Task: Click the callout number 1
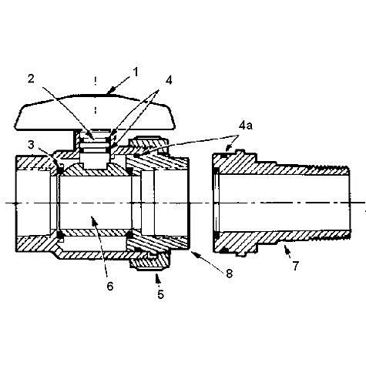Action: point(135,72)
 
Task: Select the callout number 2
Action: point(31,79)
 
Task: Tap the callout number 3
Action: point(31,145)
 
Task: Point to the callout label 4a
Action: point(246,126)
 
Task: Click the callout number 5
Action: point(160,294)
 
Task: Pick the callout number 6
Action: point(110,286)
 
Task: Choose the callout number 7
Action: point(295,266)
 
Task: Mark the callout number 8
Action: point(229,274)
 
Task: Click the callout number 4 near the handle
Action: point(169,80)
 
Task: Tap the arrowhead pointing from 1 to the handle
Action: point(109,92)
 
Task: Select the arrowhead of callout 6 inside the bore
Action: point(94,220)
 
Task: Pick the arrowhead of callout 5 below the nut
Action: point(157,277)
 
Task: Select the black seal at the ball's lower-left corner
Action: point(60,235)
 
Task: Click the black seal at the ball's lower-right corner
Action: point(129,235)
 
